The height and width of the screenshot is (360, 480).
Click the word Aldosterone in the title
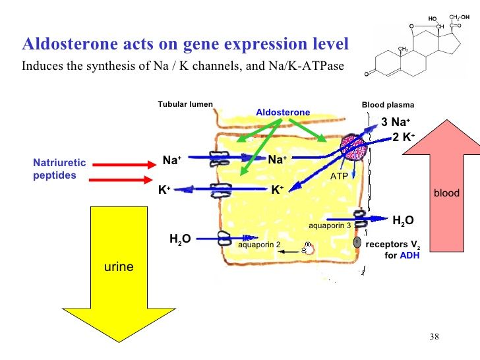71,43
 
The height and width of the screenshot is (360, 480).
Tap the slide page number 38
434,337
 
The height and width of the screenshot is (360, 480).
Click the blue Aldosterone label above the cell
283,112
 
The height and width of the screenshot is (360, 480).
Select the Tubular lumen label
185,104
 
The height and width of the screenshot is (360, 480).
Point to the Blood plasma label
388,105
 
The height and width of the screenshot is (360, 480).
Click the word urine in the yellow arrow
119,266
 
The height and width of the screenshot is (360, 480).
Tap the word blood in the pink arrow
446,193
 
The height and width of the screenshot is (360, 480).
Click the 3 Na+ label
396,122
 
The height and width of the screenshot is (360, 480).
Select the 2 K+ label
404,137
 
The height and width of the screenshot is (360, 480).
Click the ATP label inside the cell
339,176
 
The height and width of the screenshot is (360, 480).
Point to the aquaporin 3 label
330,225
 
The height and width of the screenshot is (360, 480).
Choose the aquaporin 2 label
259,245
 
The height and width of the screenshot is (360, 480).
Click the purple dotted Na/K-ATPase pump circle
353,147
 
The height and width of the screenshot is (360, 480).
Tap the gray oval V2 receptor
357,242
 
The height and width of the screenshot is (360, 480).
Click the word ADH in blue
409,255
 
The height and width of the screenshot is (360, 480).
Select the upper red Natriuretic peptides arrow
124,165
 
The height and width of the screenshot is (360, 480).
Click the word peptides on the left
55,175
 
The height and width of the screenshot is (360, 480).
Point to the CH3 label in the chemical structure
403,49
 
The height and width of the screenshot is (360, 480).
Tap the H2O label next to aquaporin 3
403,220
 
